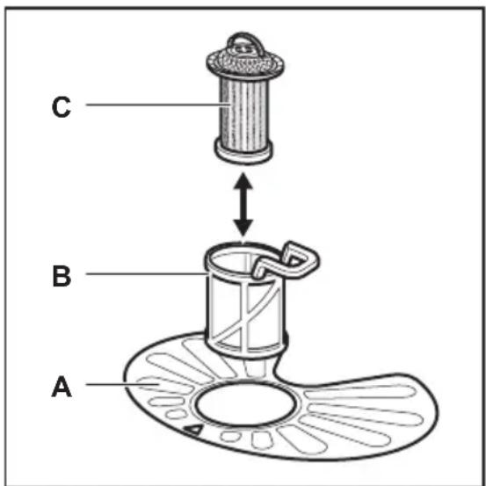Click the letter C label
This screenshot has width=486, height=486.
[x=61, y=107]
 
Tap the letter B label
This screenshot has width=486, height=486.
[x=62, y=276]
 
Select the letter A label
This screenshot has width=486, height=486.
[x=62, y=386]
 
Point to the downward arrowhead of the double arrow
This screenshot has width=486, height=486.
[x=243, y=228]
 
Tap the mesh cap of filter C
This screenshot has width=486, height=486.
[x=245, y=63]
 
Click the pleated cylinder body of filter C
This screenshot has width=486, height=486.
[x=243, y=113]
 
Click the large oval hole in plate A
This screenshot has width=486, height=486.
[x=245, y=404]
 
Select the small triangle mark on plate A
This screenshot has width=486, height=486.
[x=193, y=430]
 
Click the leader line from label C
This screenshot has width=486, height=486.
[x=158, y=105]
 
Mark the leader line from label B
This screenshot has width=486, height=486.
[x=146, y=273]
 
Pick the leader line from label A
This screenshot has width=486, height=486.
[x=122, y=385]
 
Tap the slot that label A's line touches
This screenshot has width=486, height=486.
[x=164, y=385]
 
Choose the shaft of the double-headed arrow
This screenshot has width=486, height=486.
[x=243, y=204]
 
